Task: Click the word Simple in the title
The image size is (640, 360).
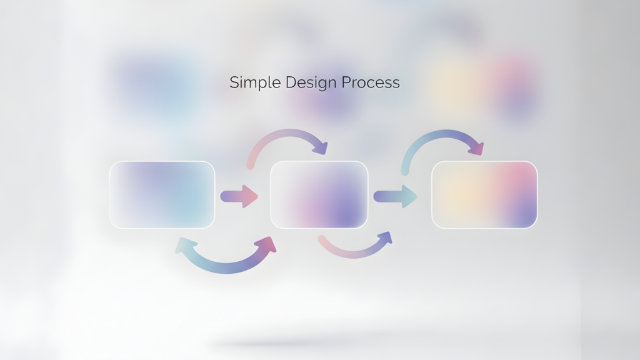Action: coord(255,83)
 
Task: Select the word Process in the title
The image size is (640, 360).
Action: coord(371,82)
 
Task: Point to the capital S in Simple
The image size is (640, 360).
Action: coord(234,82)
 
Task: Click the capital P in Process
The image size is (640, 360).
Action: coord(346,82)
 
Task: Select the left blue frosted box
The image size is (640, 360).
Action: coord(162,195)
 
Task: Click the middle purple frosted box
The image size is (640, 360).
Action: coord(319,195)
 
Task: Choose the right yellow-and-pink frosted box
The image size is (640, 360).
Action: coord(484,195)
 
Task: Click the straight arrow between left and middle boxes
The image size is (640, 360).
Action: coord(239,196)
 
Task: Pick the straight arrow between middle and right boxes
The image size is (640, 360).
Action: coord(395,196)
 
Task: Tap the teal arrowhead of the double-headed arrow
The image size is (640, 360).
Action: coord(184,245)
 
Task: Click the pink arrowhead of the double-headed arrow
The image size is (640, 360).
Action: coord(266,244)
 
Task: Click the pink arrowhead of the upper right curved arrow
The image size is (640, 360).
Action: coord(477,148)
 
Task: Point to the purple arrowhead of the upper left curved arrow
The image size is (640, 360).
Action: coord(321,147)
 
